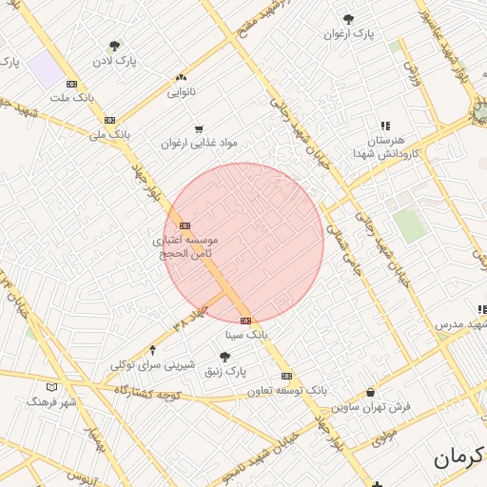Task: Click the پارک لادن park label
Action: point(114,62)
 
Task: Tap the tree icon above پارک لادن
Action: point(115,46)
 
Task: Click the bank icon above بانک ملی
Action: point(110,120)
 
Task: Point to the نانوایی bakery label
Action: point(181,92)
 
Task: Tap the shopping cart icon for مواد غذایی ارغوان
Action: point(199,129)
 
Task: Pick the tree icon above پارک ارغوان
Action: point(349,19)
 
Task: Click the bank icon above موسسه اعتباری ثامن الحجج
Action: point(184,225)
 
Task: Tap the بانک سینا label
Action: point(246,336)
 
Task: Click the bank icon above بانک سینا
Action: point(246,321)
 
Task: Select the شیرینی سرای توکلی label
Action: point(152,365)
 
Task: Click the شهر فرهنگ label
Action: point(52,402)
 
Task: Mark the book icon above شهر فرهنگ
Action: point(51,387)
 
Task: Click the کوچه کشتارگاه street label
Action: point(152,392)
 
